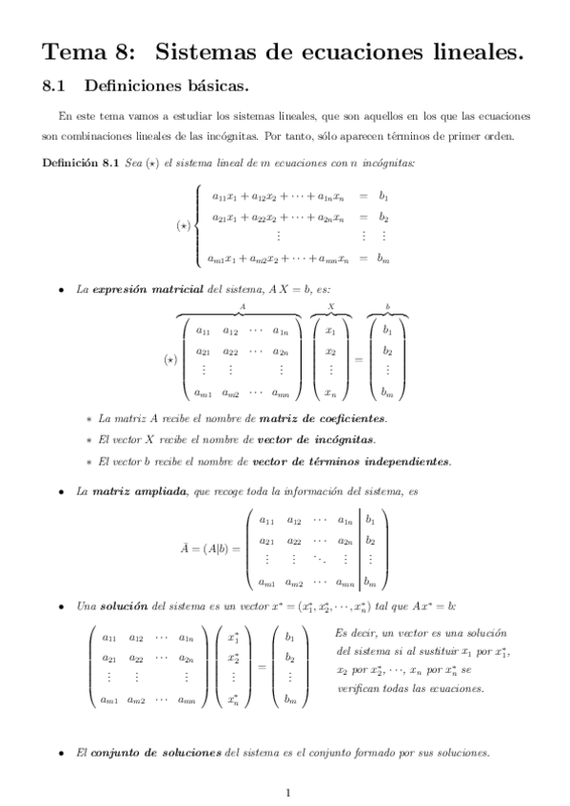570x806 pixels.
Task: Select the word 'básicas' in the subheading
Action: [214, 87]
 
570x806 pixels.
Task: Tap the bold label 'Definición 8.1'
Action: [80, 163]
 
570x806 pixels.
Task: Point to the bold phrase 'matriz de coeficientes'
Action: [331, 418]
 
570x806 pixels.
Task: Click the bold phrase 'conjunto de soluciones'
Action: [154, 753]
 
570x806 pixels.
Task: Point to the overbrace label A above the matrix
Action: [243, 307]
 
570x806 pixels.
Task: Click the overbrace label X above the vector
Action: [329, 307]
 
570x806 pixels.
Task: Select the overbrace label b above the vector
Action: [386, 306]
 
